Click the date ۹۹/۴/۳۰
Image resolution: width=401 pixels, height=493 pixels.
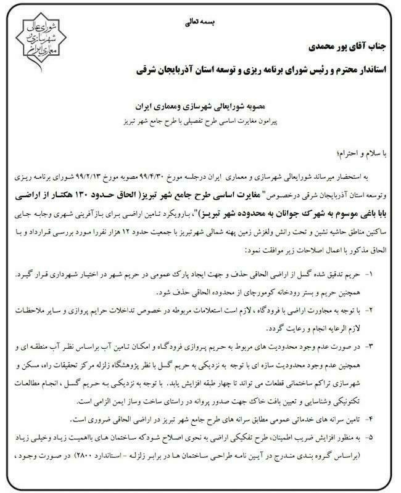tap(149, 176)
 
